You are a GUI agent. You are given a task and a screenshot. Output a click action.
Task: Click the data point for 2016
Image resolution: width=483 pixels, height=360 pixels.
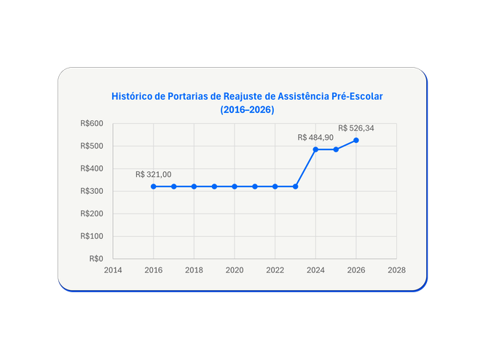(x=154, y=187)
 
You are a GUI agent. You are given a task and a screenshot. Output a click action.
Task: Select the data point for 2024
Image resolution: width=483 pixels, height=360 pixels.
(x=315, y=149)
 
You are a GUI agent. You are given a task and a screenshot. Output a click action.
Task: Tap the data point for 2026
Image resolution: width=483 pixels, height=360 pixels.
(x=356, y=140)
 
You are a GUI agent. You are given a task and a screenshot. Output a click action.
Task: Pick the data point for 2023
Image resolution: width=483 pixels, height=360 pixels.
(x=295, y=187)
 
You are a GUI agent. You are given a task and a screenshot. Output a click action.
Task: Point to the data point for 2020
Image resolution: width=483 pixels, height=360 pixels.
(x=235, y=187)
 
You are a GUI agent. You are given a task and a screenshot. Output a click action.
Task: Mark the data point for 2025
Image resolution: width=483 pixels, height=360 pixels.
(x=336, y=149)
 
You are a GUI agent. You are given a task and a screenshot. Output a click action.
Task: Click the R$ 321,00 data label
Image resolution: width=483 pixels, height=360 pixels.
(x=153, y=175)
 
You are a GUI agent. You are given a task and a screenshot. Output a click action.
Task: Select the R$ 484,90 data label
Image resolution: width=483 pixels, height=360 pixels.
(x=315, y=138)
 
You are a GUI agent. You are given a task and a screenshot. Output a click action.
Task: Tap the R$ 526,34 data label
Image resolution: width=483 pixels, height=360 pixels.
(x=356, y=128)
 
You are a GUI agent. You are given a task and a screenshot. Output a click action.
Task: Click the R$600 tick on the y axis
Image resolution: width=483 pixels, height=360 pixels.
(x=93, y=124)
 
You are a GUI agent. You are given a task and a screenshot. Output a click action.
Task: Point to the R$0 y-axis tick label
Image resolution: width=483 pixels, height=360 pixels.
(x=96, y=258)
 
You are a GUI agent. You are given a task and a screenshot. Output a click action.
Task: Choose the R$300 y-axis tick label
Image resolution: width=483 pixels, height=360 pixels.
(x=93, y=191)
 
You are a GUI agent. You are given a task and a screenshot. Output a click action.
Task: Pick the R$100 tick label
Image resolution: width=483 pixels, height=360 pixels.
(x=93, y=236)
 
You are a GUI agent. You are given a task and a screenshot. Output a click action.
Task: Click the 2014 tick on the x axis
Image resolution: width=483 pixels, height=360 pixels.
(x=113, y=270)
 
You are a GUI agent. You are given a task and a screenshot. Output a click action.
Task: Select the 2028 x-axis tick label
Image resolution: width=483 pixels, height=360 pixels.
(x=397, y=270)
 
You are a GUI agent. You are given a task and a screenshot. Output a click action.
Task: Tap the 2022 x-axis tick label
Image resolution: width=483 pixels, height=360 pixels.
(x=275, y=270)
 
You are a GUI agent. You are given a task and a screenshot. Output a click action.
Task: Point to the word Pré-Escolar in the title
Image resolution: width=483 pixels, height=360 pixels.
(x=356, y=96)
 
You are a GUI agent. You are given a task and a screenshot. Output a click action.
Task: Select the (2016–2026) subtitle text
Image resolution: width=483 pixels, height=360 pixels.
(x=247, y=109)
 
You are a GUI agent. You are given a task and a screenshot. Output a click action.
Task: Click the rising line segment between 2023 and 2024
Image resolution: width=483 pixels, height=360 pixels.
(x=305, y=168)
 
